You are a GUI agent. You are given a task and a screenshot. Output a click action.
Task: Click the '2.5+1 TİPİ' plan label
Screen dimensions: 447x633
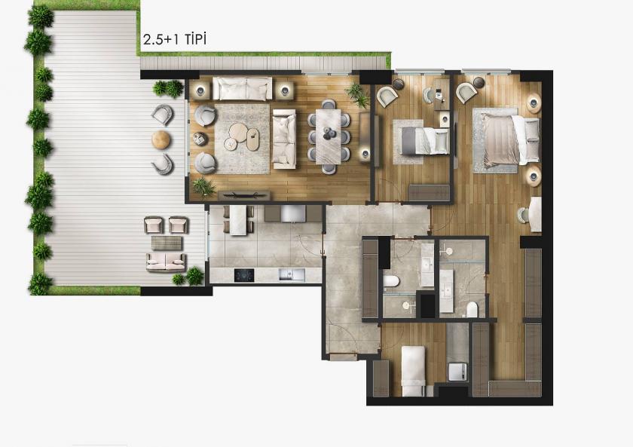coord(174,38)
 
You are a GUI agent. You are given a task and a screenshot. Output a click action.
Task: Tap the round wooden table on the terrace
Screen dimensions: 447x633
coord(161,139)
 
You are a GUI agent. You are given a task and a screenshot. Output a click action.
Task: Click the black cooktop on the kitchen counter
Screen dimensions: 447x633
coord(246,274)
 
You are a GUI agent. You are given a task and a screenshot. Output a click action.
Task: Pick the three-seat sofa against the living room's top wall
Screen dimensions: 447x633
coord(242,88)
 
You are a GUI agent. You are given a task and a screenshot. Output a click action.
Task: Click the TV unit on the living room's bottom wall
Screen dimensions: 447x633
coord(243,194)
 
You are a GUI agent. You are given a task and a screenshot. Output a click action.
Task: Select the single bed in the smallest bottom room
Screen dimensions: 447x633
coord(411,369)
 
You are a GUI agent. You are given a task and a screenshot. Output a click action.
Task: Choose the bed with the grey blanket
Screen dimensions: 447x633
coord(424,140)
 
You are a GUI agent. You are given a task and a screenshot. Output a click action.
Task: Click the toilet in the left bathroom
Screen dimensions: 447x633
coord(390,282)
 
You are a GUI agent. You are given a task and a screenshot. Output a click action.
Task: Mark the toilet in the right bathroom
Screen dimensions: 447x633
coord(472,308)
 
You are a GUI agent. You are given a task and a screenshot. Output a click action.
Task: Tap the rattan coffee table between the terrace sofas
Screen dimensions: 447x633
coord(167,243)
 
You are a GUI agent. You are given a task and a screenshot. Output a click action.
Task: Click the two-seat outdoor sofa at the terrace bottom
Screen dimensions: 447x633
coord(166,262)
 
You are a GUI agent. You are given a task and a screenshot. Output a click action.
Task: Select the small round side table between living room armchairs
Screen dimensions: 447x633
coord(200,138)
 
